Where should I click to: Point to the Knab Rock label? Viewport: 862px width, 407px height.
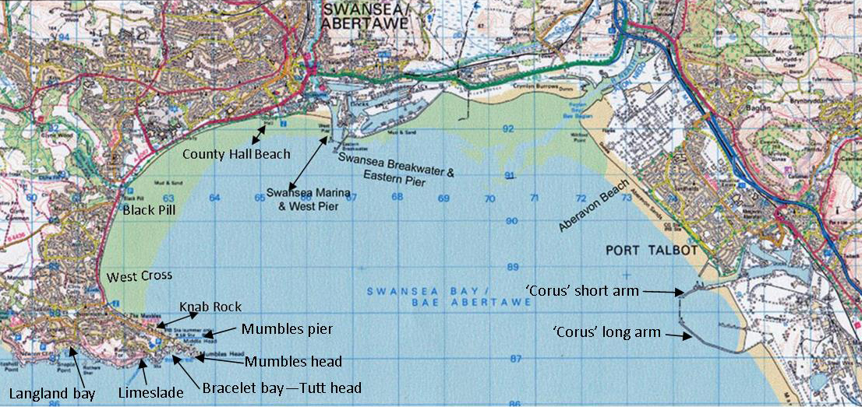[x=210, y=307]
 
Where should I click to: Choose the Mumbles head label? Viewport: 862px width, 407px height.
[x=292, y=361]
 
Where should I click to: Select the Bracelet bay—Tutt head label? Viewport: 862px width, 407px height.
[x=281, y=388]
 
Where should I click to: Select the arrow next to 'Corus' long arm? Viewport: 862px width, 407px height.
[x=677, y=335]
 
